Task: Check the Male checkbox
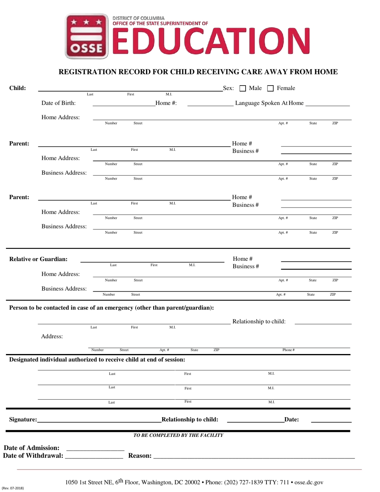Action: click(242, 88)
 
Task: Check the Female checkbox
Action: click(270, 88)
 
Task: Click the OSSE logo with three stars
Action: click(87, 36)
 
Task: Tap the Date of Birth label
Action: click(58, 103)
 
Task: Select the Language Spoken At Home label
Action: click(269, 103)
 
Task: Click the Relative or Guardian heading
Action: click(38, 259)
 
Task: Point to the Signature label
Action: click(23, 420)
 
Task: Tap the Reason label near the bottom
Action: click(140, 456)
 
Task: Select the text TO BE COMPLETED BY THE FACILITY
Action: click(178, 435)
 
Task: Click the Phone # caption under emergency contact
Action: click(288, 350)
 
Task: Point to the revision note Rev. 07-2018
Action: click(13, 488)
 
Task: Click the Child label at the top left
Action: click(18, 88)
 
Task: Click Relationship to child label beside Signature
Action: click(190, 420)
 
